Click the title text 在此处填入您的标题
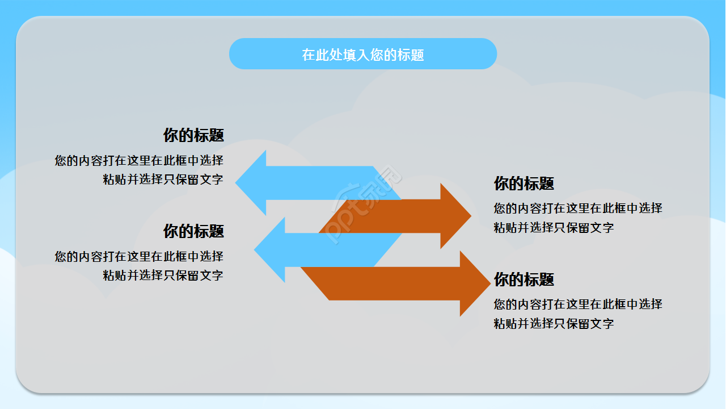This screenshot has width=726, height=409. [363, 55]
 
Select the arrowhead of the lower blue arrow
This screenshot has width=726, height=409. [271, 250]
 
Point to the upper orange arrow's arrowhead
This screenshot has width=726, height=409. [455, 216]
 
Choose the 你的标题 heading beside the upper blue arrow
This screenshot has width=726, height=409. [193, 135]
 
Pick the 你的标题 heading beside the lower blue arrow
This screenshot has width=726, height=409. [193, 231]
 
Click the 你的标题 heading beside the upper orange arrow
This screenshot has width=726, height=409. [524, 183]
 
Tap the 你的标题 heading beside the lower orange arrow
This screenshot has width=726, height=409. [524, 279]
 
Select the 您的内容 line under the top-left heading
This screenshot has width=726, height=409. [139, 161]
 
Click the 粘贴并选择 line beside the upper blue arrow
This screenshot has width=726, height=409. [163, 180]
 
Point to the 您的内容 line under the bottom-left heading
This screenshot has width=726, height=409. [139, 257]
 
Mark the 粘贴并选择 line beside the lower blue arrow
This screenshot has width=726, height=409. [163, 276]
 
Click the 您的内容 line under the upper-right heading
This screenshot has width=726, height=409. [578, 208]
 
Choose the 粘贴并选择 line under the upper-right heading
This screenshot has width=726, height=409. [554, 228]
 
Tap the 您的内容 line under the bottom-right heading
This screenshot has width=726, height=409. [578, 304]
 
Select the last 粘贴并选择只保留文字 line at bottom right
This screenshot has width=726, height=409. [554, 324]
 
